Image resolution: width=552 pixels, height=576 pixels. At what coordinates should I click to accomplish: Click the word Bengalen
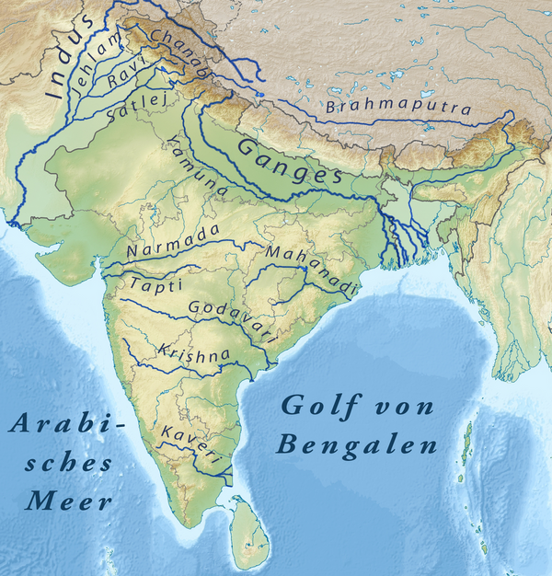[x=357, y=447]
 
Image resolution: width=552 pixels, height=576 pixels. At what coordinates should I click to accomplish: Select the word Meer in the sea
[x=69, y=502]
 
